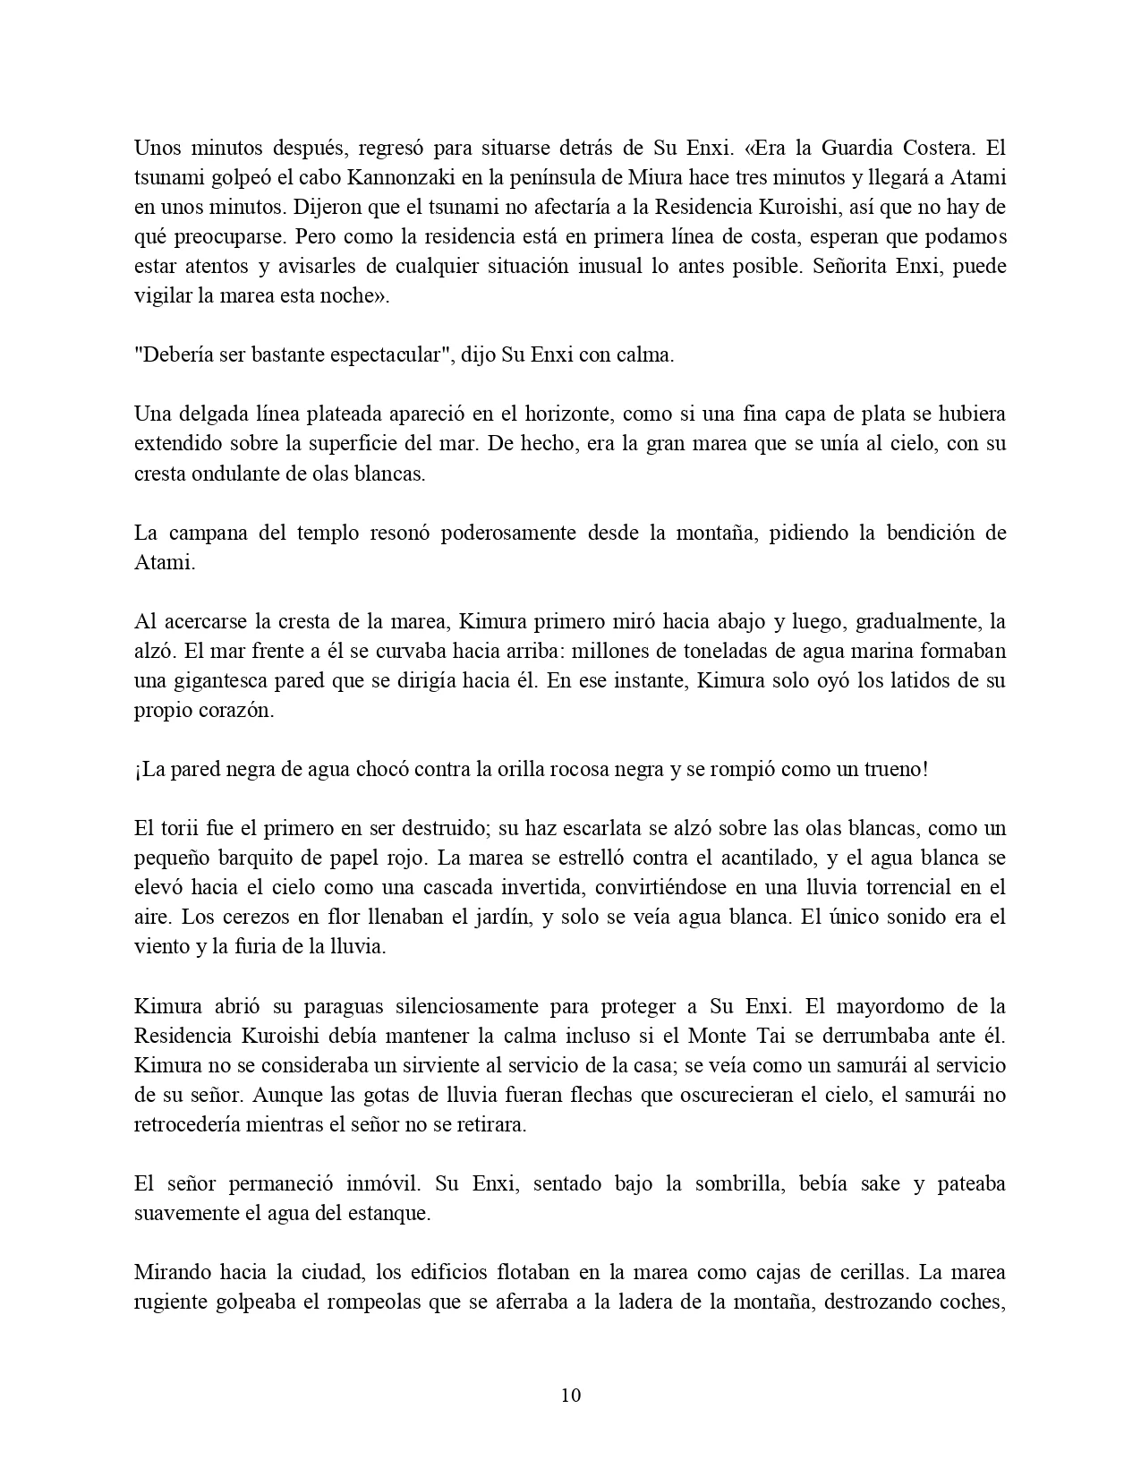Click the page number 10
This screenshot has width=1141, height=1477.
[x=571, y=1396]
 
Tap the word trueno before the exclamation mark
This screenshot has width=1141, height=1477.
[x=894, y=770]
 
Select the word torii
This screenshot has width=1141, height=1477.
[x=178, y=828]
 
